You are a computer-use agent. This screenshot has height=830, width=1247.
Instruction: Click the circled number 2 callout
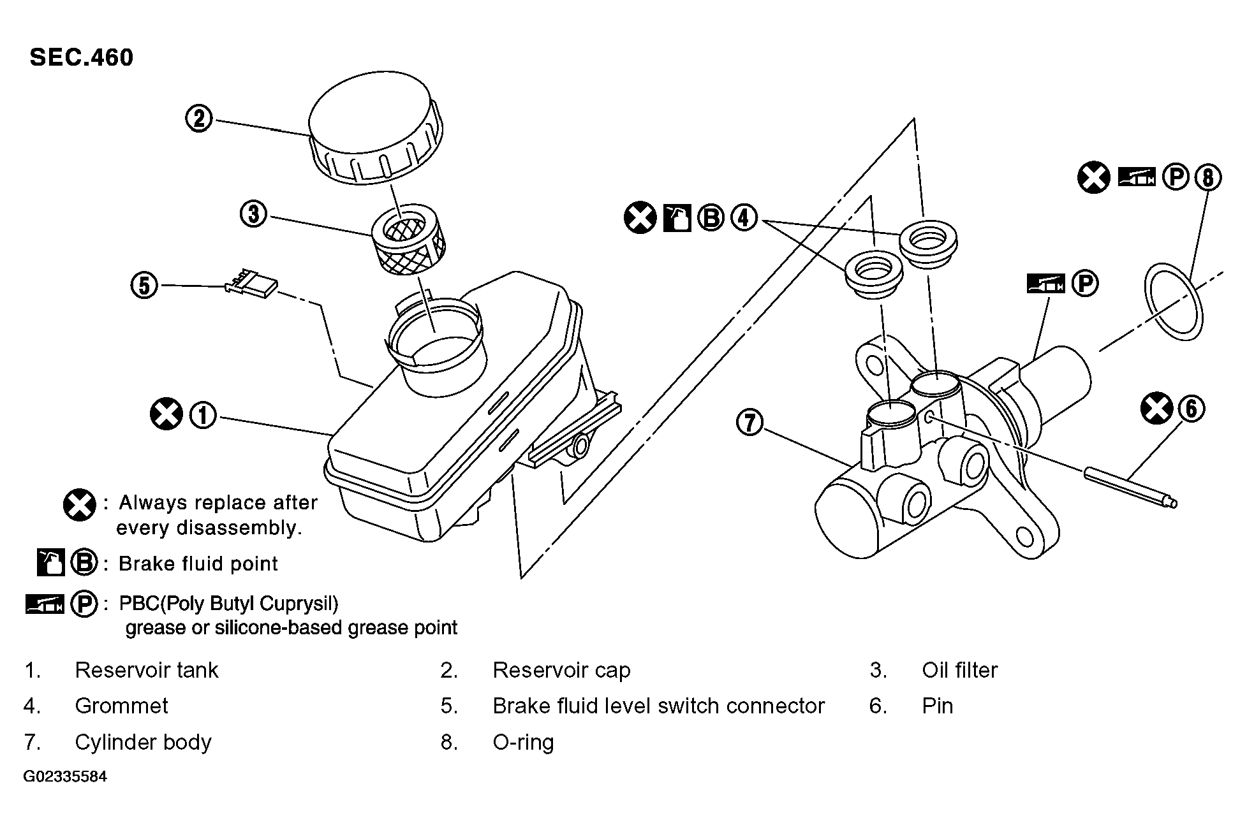[x=199, y=119]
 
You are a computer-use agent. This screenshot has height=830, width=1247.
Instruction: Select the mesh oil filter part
[x=409, y=240]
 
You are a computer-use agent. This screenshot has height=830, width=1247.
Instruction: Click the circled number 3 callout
[x=254, y=214]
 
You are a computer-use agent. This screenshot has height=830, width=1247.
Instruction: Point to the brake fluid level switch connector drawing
[x=251, y=284]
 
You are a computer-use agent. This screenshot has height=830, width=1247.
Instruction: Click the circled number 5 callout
[x=144, y=285]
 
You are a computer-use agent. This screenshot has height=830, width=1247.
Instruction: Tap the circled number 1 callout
[x=203, y=415]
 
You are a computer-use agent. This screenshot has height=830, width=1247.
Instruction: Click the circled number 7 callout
[x=749, y=423]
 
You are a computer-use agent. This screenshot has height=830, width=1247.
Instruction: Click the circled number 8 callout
[x=1207, y=177]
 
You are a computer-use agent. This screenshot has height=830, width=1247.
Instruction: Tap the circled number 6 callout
[x=1192, y=408]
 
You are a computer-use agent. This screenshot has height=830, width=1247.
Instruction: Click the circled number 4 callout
[x=743, y=217]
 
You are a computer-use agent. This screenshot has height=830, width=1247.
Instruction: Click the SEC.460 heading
[x=82, y=57]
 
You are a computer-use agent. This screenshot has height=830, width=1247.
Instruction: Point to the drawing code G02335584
[x=65, y=776]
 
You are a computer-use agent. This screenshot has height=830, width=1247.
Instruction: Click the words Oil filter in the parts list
[x=959, y=670]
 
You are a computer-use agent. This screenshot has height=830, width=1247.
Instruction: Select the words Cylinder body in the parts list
[x=143, y=742]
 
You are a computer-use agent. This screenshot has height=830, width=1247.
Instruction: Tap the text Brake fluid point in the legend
[x=198, y=564]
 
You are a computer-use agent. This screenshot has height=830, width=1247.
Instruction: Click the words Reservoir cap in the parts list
[x=561, y=670]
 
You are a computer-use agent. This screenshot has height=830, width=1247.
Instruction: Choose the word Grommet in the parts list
[x=121, y=706]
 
